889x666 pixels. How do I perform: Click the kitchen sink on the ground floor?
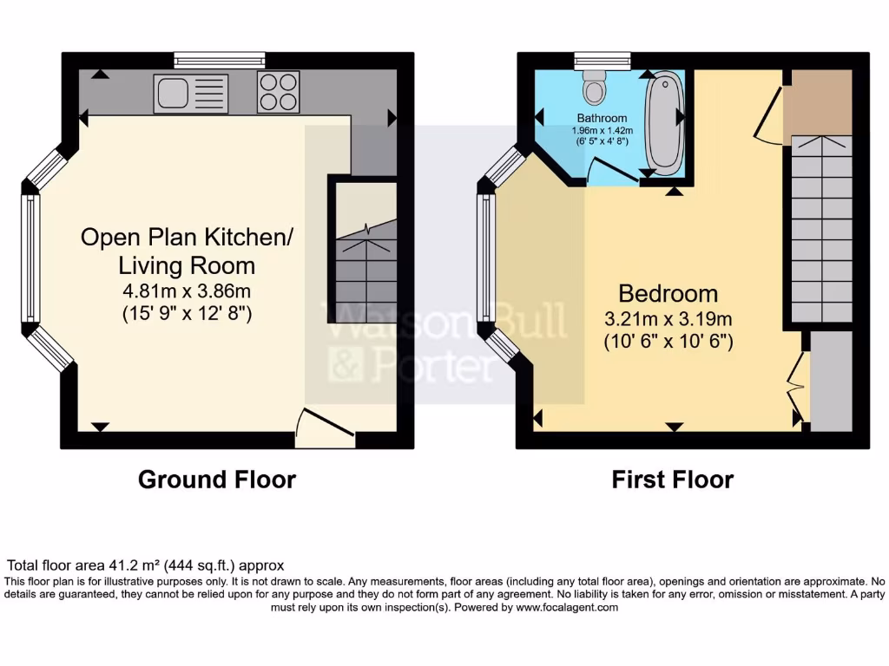[190, 93]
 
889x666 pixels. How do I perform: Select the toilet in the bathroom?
[595, 88]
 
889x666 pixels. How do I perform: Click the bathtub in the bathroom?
[664, 124]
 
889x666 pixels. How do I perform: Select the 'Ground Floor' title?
[217, 480]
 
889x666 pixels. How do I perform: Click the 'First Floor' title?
[672, 480]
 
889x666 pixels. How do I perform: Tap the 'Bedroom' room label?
[668, 293]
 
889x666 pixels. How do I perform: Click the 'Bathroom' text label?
[602, 118]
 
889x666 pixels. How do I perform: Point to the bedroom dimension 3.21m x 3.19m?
[668, 318]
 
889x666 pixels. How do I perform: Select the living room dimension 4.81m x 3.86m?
[187, 291]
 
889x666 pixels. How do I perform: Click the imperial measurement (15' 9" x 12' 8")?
[187, 313]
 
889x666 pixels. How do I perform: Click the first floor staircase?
[820, 230]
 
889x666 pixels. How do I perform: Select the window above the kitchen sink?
[219, 60]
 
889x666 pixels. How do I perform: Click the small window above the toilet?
[595, 60]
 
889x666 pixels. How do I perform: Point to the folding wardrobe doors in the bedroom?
[798, 382]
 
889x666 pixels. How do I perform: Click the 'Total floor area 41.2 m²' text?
[145, 565]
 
